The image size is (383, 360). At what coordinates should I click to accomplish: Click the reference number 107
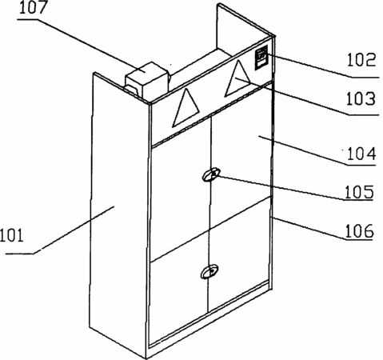pyautogui.click(x=34, y=8)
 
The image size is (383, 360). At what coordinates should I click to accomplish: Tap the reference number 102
pyautogui.click(x=361, y=60)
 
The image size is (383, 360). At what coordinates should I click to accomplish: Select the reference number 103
pyautogui.click(x=361, y=98)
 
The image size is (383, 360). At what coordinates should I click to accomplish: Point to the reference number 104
pyautogui.click(x=361, y=154)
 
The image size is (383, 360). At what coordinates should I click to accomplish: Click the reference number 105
pyautogui.click(x=359, y=192)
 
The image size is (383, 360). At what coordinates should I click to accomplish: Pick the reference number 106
pyautogui.click(x=360, y=231)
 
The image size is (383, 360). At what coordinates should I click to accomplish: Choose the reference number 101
pyautogui.click(x=12, y=236)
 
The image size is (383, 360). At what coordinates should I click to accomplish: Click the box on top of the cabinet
pyautogui.click(x=147, y=80)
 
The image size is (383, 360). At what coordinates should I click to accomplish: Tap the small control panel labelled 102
pyautogui.click(x=261, y=58)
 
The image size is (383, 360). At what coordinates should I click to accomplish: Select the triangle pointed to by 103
pyautogui.click(x=237, y=80)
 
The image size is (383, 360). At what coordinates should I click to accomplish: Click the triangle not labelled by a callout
pyautogui.click(x=186, y=110)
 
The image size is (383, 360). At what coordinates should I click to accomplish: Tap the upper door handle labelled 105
pyautogui.click(x=211, y=174)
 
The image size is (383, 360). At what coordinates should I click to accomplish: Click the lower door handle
pyautogui.click(x=209, y=272)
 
